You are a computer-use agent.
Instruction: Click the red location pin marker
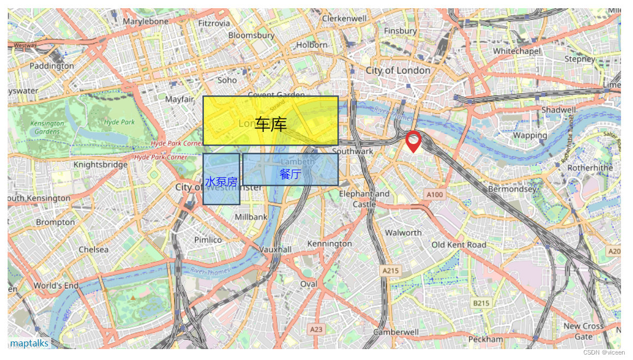[413, 141]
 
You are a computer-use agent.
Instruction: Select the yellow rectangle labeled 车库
[270, 121]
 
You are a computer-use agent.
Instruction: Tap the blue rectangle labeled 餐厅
[290, 170]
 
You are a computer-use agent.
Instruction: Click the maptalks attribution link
[29, 343]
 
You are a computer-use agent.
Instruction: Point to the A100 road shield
[435, 195]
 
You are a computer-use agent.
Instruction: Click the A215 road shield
[390, 271]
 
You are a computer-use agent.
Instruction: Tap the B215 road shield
[481, 303]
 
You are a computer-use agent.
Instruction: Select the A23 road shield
[316, 329]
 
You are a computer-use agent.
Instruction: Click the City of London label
[398, 70]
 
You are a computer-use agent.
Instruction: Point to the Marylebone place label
[146, 21]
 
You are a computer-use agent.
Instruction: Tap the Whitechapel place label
[517, 51]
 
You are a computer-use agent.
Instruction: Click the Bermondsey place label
[513, 189]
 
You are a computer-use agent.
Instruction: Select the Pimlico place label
[208, 239]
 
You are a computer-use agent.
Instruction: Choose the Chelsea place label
[93, 249]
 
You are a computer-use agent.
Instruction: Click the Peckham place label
[486, 339]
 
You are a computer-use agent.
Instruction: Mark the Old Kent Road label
[459, 245]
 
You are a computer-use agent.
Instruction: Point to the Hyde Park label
[119, 122]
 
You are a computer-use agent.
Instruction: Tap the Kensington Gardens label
[47, 127]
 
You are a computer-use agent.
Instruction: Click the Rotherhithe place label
[590, 168]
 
